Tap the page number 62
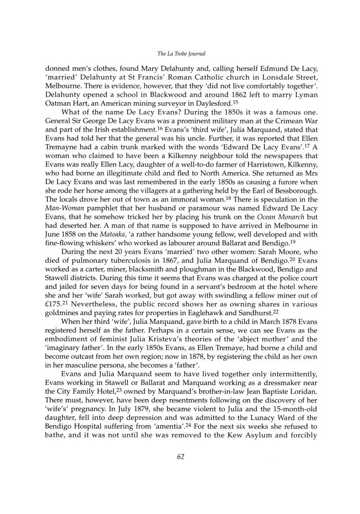coord(179,471)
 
